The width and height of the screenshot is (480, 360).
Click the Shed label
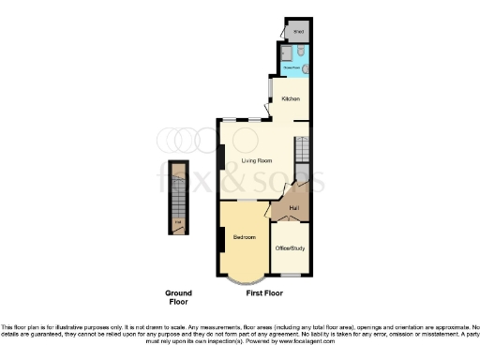click(x=299, y=32)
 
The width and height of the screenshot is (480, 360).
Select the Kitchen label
click(x=292, y=98)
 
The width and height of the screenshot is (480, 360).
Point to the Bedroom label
click(x=246, y=237)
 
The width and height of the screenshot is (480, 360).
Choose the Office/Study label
click(x=289, y=247)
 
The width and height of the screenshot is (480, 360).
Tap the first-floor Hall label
click(x=294, y=206)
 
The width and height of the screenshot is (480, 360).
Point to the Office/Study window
click(x=290, y=276)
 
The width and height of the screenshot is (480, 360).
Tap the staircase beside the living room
click(x=301, y=150)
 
